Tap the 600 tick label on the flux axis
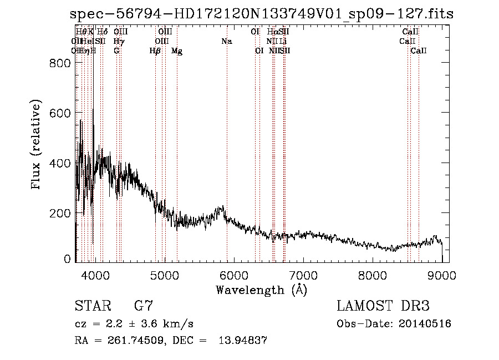tap(60, 113)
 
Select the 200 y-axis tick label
tap(60, 213)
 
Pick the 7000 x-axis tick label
tap(303, 274)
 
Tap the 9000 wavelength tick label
tap(442, 274)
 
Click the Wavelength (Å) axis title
tap(261, 290)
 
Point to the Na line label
tap(226, 42)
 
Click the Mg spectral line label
tap(177, 51)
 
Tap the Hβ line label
tap(155, 51)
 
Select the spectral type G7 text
tap(143, 306)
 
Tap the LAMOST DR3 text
tap(383, 306)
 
